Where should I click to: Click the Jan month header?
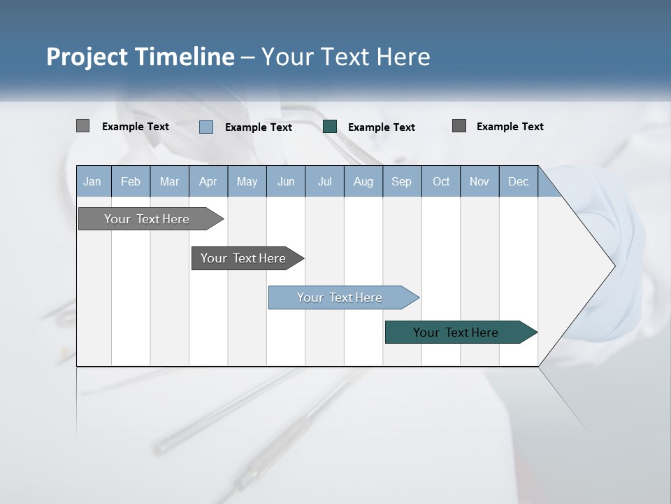[x=93, y=181]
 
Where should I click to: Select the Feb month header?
[x=131, y=181]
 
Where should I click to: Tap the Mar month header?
[x=169, y=181]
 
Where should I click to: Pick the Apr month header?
[x=208, y=181]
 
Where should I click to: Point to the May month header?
[x=247, y=181]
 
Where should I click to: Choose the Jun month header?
[x=286, y=181]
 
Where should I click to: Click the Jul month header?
[x=324, y=181]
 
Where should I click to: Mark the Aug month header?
[x=363, y=181]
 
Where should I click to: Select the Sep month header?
[x=402, y=181]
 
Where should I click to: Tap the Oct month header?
[x=441, y=181]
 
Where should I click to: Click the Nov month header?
[x=479, y=181]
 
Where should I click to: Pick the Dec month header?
[x=519, y=181]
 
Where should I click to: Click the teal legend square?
[x=330, y=127]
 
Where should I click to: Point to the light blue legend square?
[x=206, y=127]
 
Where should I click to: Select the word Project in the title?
[x=87, y=57]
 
